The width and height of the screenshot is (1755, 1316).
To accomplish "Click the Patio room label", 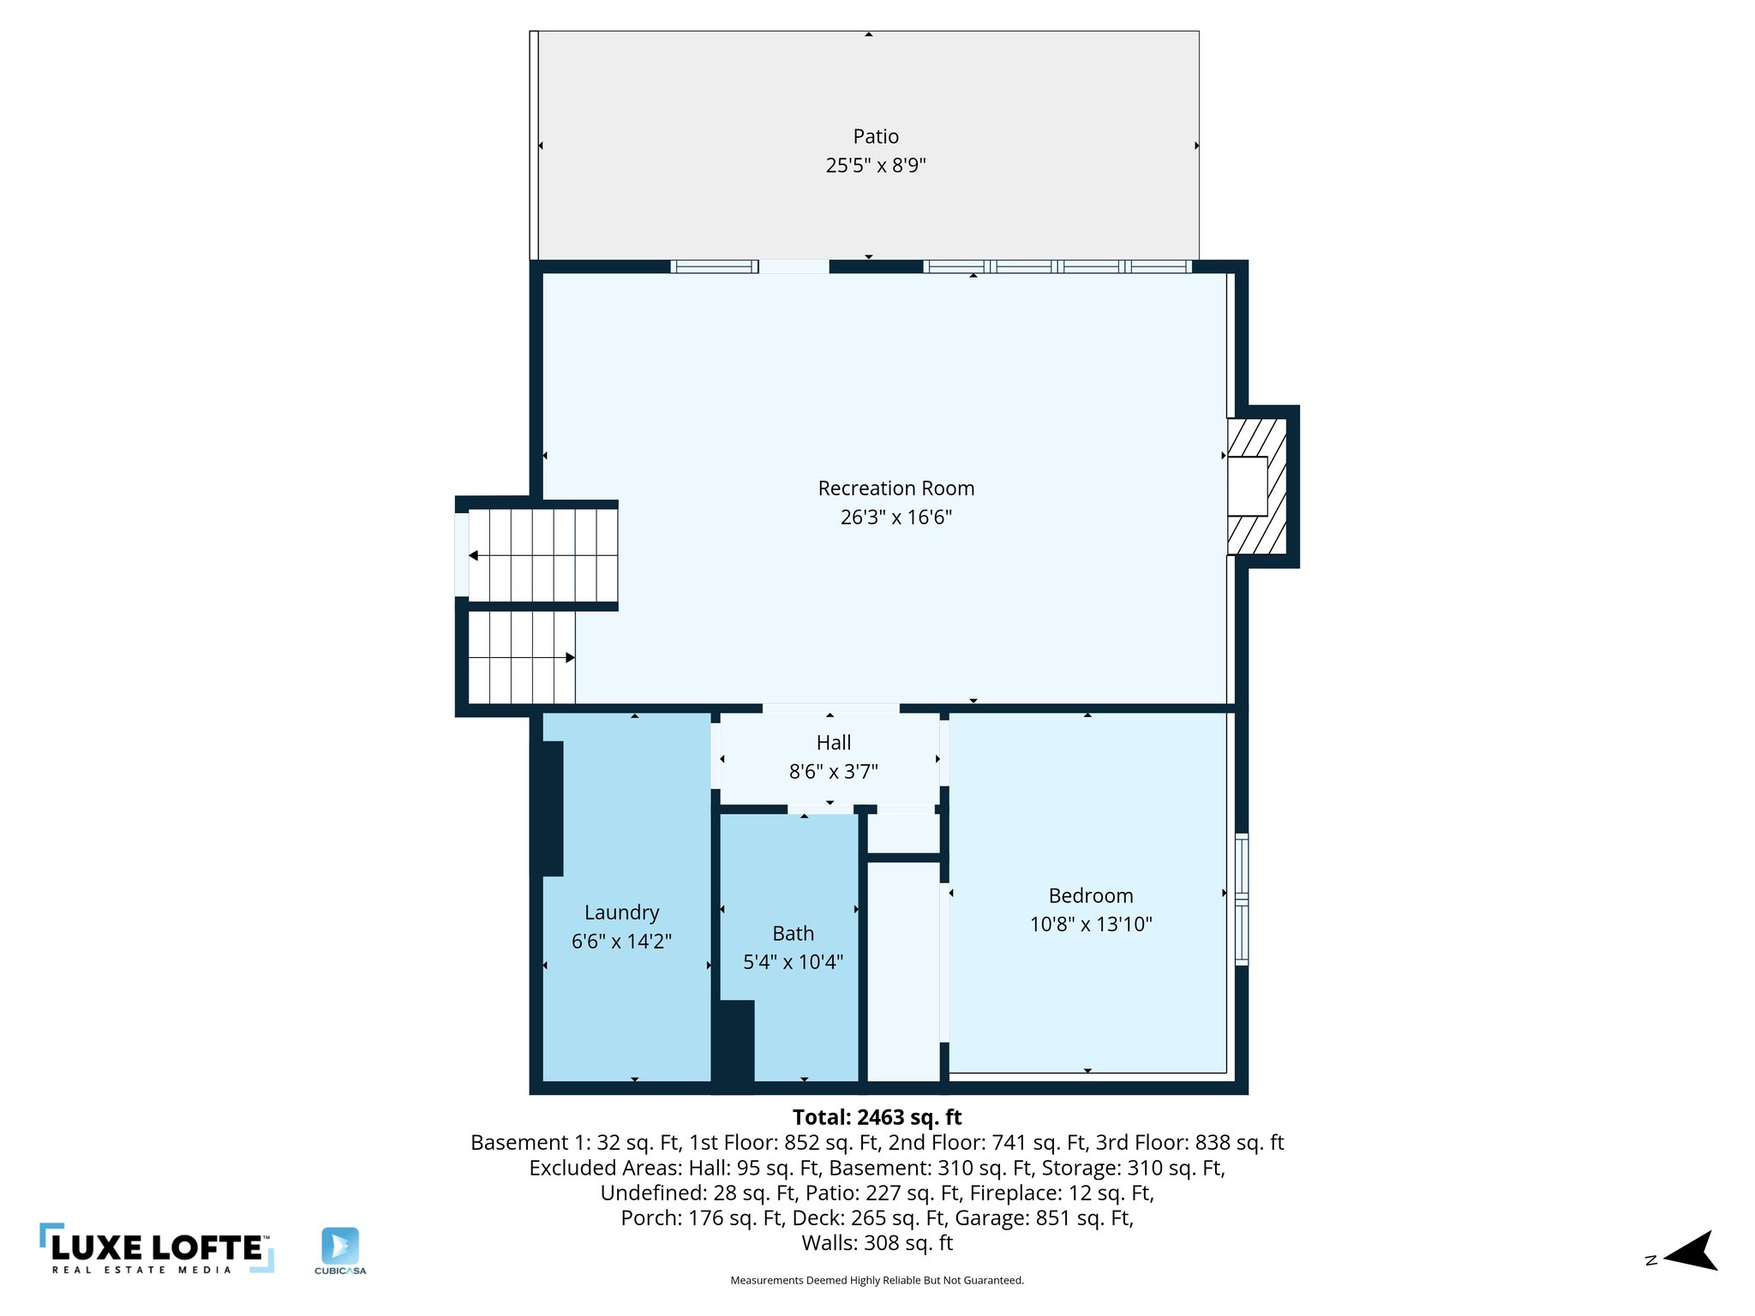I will pos(875,136).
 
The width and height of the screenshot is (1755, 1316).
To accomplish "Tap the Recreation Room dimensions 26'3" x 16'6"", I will pos(895,517).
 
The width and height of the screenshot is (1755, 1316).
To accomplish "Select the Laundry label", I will pos(621,912).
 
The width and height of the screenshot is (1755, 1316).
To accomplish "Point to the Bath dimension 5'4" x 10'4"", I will pos(793,962).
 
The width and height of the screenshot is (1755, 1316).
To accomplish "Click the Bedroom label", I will pos(1090,895).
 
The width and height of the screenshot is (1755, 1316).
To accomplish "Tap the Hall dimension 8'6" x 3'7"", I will pos(833,772).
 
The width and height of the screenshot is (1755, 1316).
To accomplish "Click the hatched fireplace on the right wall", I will pos(1257,486).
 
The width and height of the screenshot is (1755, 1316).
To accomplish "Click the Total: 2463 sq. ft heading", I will pos(877,1117).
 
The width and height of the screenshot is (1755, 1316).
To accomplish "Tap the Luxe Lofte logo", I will pos(157,1248).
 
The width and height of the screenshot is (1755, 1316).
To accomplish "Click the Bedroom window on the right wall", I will pos(1241,899).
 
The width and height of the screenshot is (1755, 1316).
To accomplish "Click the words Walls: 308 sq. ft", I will pos(877,1242).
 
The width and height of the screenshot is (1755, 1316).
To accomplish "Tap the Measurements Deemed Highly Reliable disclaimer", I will pos(877,1280).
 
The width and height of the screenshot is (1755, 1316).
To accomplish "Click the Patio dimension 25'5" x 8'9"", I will pos(875,165).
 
